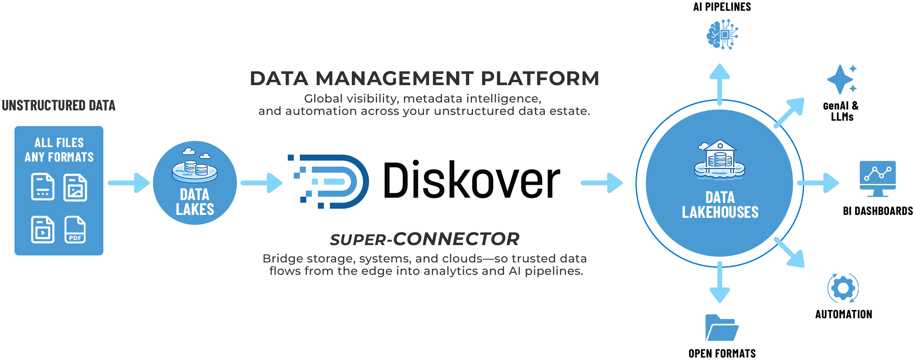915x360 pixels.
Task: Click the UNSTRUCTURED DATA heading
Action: [59, 105]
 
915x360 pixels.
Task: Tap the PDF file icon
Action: [75, 229]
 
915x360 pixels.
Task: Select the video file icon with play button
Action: [43, 229]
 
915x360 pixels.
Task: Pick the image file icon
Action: [75, 188]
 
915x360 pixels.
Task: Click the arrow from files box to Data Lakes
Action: [129, 183]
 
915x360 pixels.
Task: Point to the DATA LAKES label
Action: [195, 202]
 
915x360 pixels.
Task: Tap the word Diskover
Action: [471, 180]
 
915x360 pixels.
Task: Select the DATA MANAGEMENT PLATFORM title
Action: [424, 79]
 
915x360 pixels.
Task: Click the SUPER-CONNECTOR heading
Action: [424, 239]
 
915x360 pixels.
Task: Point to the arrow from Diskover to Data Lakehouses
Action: [602, 183]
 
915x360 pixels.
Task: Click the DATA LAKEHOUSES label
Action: [720, 205]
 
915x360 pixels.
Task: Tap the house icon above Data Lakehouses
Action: [720, 159]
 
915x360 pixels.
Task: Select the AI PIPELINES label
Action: [722, 7]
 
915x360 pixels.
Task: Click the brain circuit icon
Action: [722, 35]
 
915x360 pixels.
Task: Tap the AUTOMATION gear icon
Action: [843, 288]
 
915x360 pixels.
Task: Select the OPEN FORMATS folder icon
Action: [721, 328]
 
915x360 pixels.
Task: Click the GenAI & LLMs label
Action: [841, 111]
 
